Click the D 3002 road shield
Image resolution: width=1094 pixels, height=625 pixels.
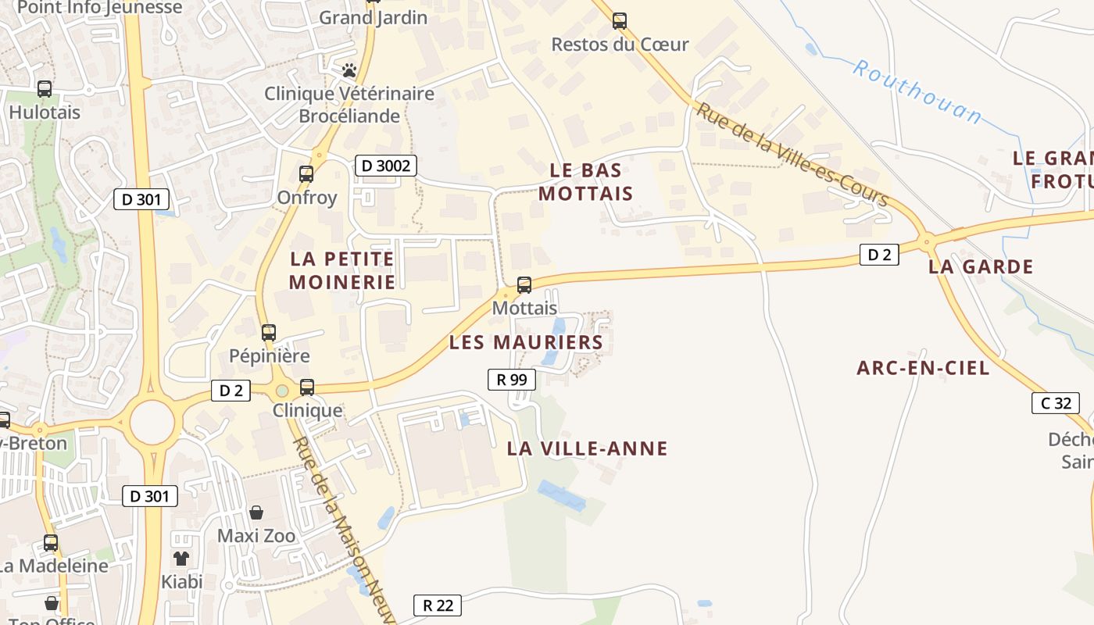pos(385,166)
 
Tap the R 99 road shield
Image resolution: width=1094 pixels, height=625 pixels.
pos(512,380)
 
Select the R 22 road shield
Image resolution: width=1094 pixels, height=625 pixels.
pos(438,605)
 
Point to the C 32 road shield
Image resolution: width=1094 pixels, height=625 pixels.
pos(1056,403)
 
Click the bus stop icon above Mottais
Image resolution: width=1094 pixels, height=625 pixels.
pos(524,285)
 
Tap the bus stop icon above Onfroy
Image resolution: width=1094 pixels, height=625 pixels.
pos(306,174)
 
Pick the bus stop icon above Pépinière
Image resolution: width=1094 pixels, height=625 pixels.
pos(269,333)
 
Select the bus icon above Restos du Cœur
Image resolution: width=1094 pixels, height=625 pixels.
pos(620,21)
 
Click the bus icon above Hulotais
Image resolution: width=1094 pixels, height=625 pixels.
pos(45,89)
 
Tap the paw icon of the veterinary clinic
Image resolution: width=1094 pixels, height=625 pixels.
pos(349,70)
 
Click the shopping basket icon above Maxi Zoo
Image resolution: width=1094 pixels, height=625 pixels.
pos(256,512)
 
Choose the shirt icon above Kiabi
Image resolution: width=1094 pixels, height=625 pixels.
pos(181,558)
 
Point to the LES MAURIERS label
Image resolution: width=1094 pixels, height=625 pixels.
pos(526,342)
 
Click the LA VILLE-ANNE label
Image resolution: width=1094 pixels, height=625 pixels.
pos(587,448)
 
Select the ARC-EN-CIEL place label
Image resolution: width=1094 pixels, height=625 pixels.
pos(923,368)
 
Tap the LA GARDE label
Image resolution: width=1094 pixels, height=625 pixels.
pos(981,266)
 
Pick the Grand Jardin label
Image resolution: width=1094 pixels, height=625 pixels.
pos(374,17)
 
